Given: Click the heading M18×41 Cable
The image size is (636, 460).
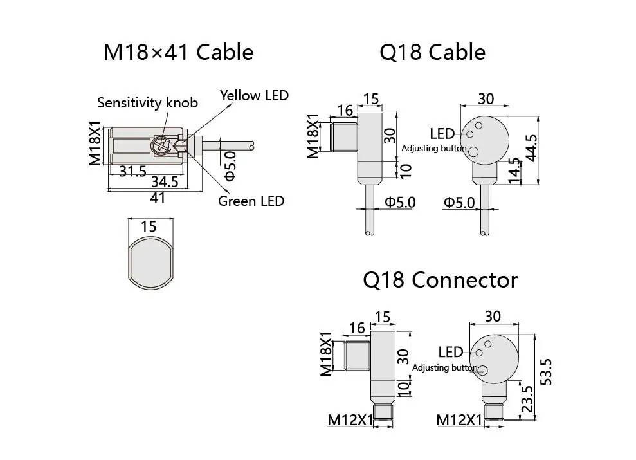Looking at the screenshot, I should click(178, 52).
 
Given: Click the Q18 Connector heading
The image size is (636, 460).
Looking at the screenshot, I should click(440, 280).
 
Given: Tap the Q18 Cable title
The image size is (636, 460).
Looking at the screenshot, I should click(432, 52).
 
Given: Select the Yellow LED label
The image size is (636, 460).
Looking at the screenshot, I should click(254, 96).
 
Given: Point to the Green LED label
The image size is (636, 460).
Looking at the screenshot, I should click(251, 201).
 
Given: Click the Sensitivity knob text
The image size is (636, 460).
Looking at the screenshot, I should click(147, 102).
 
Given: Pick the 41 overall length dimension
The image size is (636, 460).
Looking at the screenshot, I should click(157, 198).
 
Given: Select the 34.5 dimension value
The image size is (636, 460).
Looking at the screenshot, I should click(164, 182).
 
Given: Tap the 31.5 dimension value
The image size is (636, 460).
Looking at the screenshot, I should click(133, 171).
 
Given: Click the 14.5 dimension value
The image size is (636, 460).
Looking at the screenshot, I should click(514, 171).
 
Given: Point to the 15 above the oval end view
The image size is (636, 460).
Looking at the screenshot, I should click(149, 226).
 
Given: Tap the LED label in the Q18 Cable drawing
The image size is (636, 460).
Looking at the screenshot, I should click(442, 134).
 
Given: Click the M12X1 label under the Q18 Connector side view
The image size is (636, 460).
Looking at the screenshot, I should click(350, 420).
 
